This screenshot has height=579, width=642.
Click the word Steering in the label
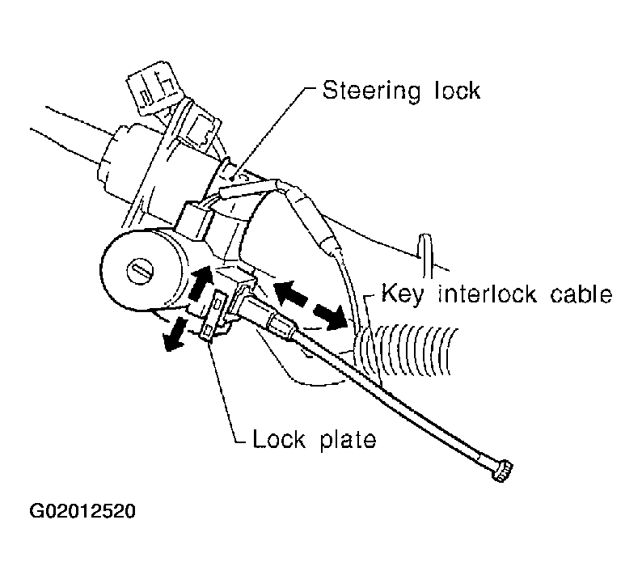(371, 91)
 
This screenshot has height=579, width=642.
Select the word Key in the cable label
(403, 294)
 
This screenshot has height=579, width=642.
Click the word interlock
(487, 294)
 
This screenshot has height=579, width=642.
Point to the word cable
(581, 294)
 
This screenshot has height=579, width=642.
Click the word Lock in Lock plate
(279, 438)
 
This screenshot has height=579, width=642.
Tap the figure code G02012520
(82, 511)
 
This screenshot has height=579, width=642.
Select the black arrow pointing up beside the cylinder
(201, 283)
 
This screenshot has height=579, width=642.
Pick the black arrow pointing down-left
(174, 335)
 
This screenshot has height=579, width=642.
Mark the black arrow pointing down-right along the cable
(331, 317)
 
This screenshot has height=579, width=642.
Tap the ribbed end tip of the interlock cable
(502, 471)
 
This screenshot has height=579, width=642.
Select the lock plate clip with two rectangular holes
(213, 315)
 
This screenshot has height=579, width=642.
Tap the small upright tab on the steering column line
(426, 250)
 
